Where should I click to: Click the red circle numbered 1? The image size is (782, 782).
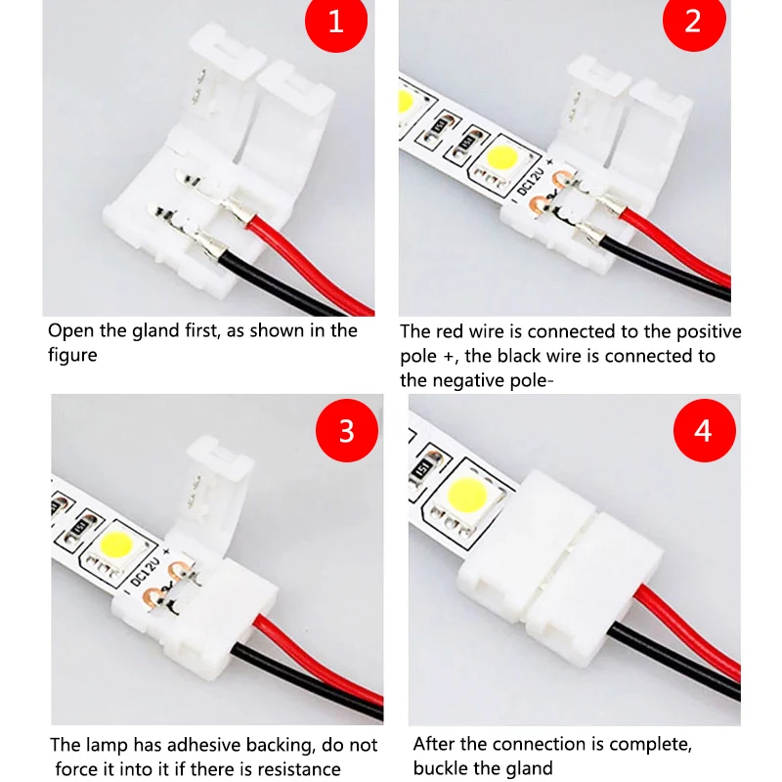point(335,21)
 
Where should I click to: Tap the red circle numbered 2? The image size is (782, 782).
point(692,21)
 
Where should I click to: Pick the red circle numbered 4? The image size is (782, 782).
point(703,430)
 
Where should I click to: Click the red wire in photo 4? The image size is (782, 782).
point(684,605)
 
